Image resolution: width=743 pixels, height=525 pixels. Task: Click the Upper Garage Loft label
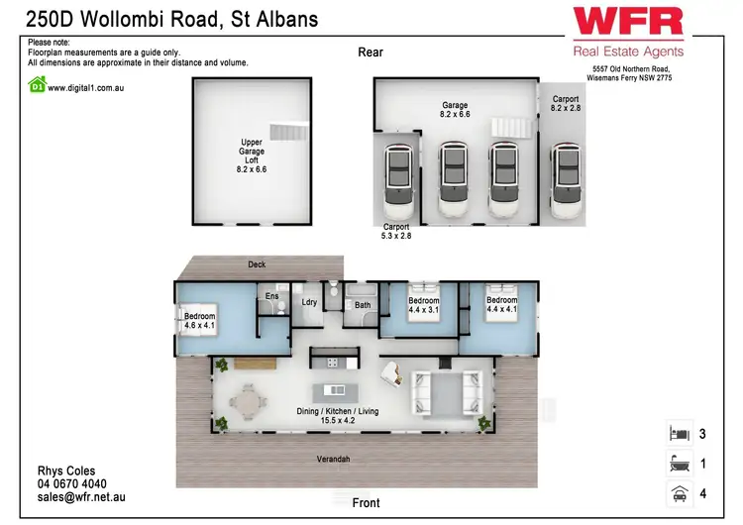[x=252, y=156]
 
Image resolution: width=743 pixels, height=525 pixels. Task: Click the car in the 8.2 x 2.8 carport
[x=567, y=178]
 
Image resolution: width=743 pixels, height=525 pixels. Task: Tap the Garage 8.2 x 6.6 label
[x=455, y=110]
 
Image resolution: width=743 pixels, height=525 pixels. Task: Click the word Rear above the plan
[x=371, y=52]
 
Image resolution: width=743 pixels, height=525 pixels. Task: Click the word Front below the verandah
[x=366, y=503]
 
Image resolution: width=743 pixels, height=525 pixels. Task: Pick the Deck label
[x=257, y=265]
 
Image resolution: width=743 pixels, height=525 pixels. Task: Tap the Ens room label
[x=271, y=295]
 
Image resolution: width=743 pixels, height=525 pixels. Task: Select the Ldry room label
[x=309, y=302]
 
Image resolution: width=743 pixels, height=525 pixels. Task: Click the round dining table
[x=247, y=404]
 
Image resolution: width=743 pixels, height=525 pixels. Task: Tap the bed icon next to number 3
[x=680, y=433]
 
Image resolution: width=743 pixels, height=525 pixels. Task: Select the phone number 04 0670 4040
[x=71, y=484]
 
